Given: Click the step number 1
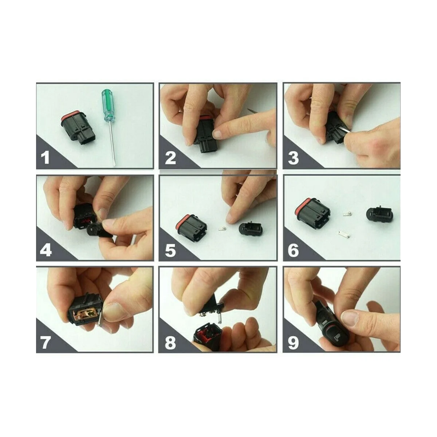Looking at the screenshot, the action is (46, 158).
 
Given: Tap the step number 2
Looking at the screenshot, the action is (170, 158).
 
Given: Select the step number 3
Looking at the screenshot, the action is (293, 158).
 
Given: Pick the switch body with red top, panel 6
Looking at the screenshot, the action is (312, 213).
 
